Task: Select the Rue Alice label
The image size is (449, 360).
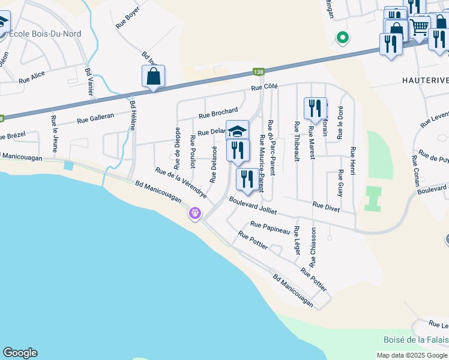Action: (32, 79)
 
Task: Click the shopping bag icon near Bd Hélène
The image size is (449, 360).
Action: (153, 76)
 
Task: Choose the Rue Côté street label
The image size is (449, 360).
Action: (266, 88)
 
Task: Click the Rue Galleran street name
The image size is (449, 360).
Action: (95, 118)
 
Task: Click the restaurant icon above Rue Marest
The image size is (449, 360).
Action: (315, 108)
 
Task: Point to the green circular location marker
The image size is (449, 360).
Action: (343, 38)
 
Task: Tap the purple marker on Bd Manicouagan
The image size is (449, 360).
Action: (194, 213)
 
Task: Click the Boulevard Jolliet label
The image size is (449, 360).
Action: (252, 208)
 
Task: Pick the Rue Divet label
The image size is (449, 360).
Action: (326, 207)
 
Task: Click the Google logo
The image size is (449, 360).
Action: (20, 353)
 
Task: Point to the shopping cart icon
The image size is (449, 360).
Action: (419, 26)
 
